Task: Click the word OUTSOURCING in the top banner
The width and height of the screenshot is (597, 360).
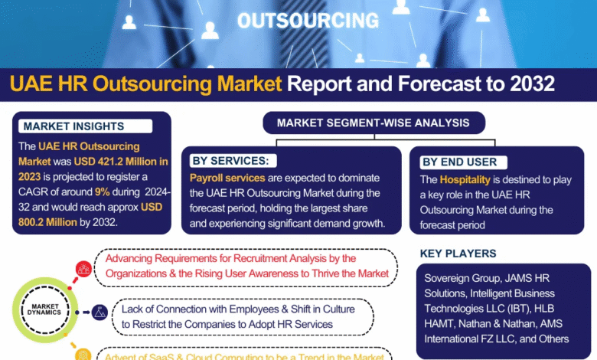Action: point(308,20)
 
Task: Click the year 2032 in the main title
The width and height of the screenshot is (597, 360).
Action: point(532,83)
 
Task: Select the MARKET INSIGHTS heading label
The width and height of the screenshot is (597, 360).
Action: point(85,126)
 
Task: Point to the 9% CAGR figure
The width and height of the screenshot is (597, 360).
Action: point(102,191)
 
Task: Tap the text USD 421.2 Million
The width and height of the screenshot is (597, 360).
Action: point(116,162)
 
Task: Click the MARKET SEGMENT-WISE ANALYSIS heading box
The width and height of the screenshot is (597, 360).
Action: point(374,123)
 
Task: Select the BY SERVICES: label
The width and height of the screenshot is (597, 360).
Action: point(233,161)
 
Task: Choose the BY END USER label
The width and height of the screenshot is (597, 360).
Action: point(463,162)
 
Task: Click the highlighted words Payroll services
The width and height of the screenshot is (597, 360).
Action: point(227,178)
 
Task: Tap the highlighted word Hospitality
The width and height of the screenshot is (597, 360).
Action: point(465,180)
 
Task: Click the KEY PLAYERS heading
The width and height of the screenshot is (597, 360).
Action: point(458,254)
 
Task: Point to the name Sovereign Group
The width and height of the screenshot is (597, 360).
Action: point(462,278)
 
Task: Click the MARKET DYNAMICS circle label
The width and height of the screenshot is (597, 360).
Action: point(45,309)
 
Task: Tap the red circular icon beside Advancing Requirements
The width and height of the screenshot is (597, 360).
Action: point(83,269)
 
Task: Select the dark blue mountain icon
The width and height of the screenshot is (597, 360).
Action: point(99,313)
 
